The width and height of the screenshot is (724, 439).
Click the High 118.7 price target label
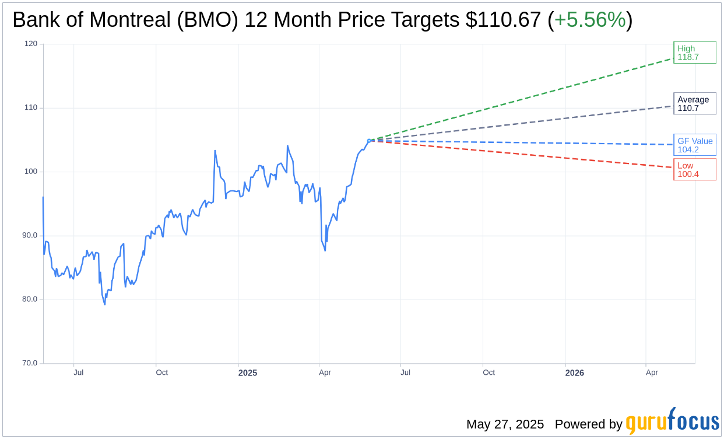[x=694, y=53]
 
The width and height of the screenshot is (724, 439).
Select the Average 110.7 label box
[x=694, y=103]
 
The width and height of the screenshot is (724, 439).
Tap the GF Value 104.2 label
[x=694, y=145]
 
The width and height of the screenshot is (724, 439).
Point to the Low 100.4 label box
[x=694, y=169]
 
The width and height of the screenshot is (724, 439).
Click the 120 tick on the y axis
[x=31, y=44]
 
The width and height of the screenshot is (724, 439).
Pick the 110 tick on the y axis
[x=31, y=107]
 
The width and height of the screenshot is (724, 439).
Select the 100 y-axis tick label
[x=31, y=171]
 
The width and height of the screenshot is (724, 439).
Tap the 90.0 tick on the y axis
[x=29, y=235]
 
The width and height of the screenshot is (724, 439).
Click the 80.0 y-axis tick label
[x=29, y=299]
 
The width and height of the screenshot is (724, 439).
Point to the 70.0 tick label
[x=29, y=363]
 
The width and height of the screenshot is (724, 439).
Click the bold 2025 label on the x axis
[x=248, y=372]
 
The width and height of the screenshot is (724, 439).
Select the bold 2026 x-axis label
[x=574, y=372]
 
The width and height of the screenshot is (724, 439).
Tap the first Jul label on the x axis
[x=78, y=372]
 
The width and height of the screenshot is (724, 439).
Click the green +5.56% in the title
[x=590, y=20]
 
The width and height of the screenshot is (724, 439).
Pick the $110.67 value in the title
[x=503, y=20]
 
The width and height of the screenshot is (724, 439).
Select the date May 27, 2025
[x=505, y=424]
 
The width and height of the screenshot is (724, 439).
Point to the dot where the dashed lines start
[x=369, y=140]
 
